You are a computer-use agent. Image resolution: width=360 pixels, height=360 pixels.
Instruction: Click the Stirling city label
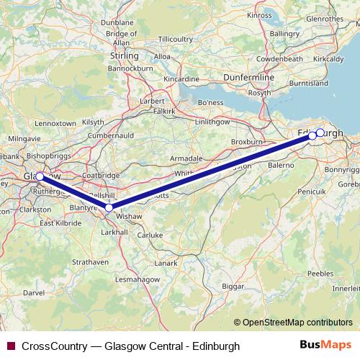pos(123,55)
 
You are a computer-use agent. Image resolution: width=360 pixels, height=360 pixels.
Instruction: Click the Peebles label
pos(320,274)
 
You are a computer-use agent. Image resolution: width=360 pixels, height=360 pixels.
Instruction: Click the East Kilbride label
pos(59,223)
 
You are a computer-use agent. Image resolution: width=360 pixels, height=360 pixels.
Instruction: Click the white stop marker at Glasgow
pos(40,176)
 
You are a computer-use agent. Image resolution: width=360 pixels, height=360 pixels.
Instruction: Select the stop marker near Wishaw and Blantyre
pos(109,208)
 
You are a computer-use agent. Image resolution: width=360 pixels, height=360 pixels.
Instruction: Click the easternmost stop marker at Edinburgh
pos(320,132)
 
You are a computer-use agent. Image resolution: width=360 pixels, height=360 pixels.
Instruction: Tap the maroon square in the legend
pos(10,346)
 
